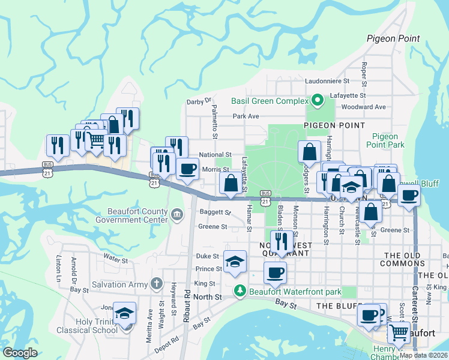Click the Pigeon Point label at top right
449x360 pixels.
click(393, 38)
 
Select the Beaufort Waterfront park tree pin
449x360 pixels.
click(240, 291)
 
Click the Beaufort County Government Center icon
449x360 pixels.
click(177, 214)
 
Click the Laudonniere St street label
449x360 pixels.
click(327, 80)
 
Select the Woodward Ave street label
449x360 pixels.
click(363, 107)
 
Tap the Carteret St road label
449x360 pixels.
click(415, 312)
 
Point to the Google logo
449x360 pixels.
click(20, 352)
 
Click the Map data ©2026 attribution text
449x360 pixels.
click(423, 355)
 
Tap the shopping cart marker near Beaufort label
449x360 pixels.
click(398, 333)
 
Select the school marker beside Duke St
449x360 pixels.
click(235, 262)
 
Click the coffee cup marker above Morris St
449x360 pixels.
click(187, 169)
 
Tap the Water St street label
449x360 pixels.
click(116, 260)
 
